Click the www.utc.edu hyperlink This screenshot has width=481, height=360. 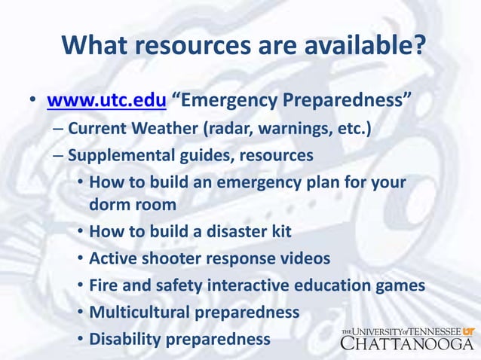coord(106,100)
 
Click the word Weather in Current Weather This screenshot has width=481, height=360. coord(161,128)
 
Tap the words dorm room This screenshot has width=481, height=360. coord(133,203)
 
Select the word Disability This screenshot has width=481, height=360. coord(122,339)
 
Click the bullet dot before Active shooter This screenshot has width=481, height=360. coord(80,259)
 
